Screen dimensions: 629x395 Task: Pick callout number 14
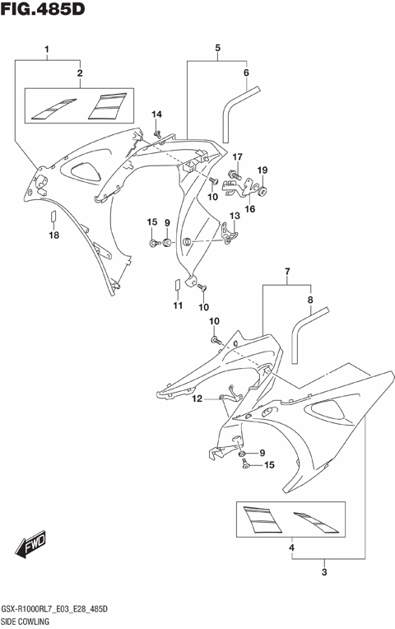(156, 114)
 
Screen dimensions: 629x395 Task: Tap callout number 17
(237, 157)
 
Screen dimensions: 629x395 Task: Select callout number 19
(263, 170)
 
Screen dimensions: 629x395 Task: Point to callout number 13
(234, 216)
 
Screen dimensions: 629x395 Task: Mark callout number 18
(53, 236)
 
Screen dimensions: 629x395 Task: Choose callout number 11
(176, 306)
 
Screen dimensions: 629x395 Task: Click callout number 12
(197, 399)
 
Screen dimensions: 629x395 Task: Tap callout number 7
(287, 272)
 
